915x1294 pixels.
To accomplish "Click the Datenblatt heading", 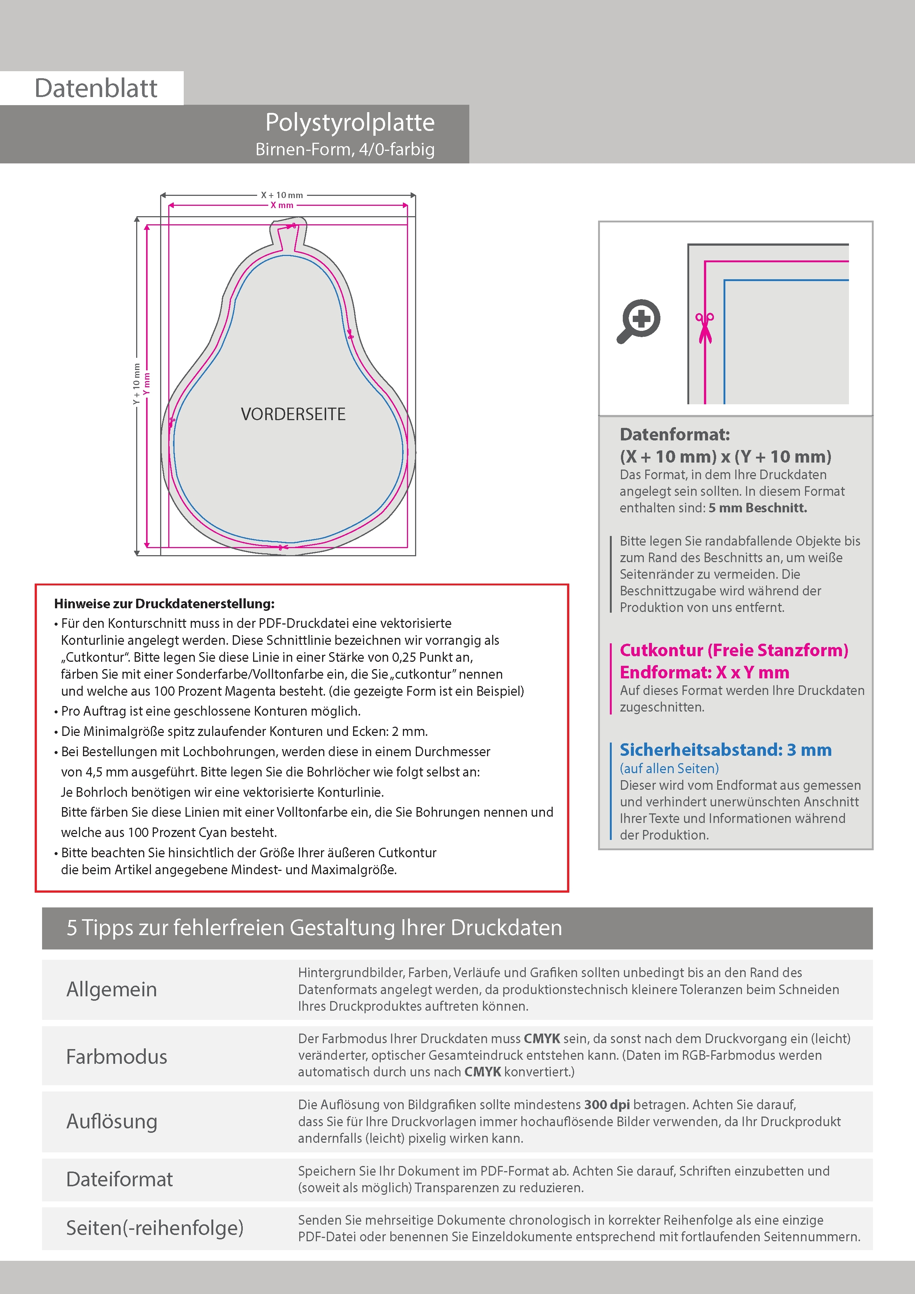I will [x=96, y=89].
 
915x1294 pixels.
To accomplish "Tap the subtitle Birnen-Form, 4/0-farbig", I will [x=345, y=149].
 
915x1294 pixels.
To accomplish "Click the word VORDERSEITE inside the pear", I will [x=293, y=414].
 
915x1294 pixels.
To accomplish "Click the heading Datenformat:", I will [x=674, y=435].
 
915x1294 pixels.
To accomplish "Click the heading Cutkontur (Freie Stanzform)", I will [x=733, y=650].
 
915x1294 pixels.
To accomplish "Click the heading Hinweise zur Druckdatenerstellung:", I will [x=164, y=603].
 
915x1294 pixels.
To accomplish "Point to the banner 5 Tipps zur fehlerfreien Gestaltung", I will [x=314, y=928].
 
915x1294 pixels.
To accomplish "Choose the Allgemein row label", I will [x=112, y=989].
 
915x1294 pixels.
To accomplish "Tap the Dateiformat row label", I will [x=120, y=1179].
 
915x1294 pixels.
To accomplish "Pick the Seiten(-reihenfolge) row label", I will [x=155, y=1228].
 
